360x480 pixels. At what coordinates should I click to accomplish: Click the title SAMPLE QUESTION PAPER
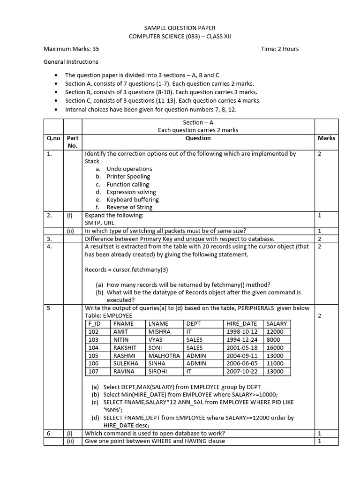180,28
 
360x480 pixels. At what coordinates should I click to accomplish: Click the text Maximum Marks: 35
71,49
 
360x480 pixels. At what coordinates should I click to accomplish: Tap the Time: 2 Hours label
279,49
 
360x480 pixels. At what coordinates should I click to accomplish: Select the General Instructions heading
71,61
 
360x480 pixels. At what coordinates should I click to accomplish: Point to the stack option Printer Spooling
128,176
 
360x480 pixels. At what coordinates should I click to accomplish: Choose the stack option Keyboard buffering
131,199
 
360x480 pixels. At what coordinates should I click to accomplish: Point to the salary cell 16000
275,348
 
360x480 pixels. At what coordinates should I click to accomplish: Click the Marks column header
326,138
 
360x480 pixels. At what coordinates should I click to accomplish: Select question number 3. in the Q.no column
49,239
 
